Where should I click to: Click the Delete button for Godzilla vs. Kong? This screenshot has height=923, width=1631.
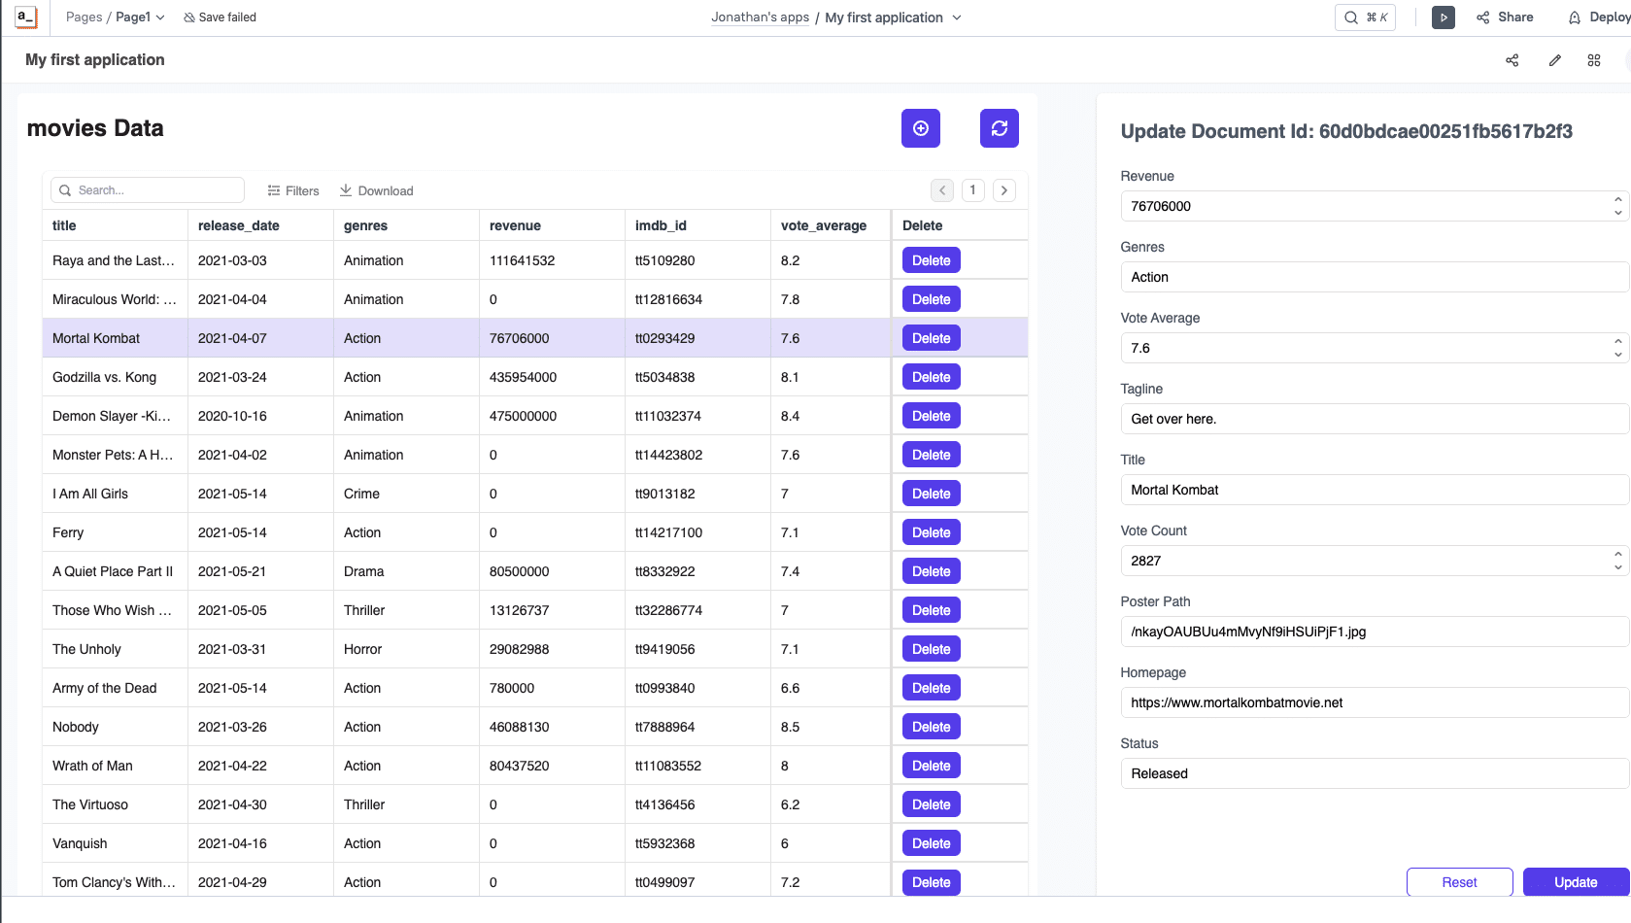coord(931,377)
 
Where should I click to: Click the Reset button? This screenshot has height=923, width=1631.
coord(1459,881)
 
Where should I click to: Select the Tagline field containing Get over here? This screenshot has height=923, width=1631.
coord(1374,419)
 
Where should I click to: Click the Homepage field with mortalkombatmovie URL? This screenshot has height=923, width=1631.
coord(1374,702)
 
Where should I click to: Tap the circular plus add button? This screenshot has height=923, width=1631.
coord(920,128)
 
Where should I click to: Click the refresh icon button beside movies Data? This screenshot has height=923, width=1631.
coord(999,128)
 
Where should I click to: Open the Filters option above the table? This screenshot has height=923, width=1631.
coord(293,190)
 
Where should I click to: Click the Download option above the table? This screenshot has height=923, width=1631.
coord(377,190)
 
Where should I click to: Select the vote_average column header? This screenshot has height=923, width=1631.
coord(824,225)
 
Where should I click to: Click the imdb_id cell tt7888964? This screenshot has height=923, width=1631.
coord(664,727)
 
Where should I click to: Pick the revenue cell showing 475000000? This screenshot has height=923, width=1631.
coord(523,416)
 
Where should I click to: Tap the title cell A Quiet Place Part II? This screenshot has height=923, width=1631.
coord(112,571)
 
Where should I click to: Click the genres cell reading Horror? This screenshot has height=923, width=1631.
coord(362,649)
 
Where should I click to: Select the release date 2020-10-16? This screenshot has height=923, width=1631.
coord(232,416)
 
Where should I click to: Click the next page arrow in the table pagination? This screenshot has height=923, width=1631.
coord(1004,190)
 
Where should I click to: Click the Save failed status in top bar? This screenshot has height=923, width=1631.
coord(220,17)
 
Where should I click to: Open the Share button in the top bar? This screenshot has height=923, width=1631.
coord(1505,17)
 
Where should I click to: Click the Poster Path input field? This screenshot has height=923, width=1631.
coord(1374,632)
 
